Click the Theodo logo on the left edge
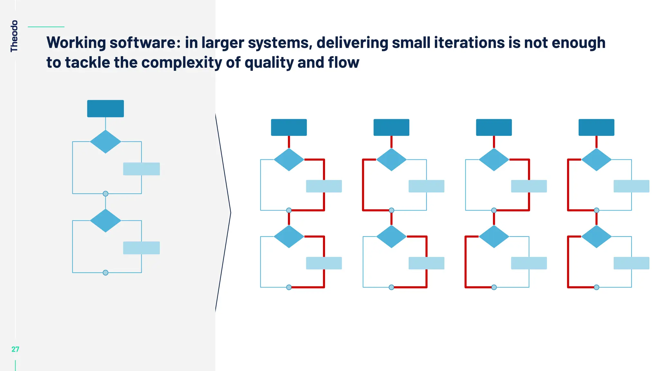pos(14,36)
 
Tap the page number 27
pos(15,349)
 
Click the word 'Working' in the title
pos(76,43)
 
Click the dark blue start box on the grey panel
pos(106,109)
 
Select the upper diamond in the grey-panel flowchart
pos(106,142)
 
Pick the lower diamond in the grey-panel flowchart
pos(106,221)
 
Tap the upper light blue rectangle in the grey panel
pos(142,169)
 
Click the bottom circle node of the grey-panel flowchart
pos(106,273)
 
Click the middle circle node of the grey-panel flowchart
pos(106,194)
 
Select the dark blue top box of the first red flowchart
pos(289,128)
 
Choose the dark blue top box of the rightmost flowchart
pos(596,128)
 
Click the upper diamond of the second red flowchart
pos(391,159)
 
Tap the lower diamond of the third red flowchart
pos(494,236)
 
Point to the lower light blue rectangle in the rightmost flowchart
pos(631,263)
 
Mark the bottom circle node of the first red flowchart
pos(289,287)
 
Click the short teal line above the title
pos(46,27)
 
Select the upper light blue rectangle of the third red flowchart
pos(529,186)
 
